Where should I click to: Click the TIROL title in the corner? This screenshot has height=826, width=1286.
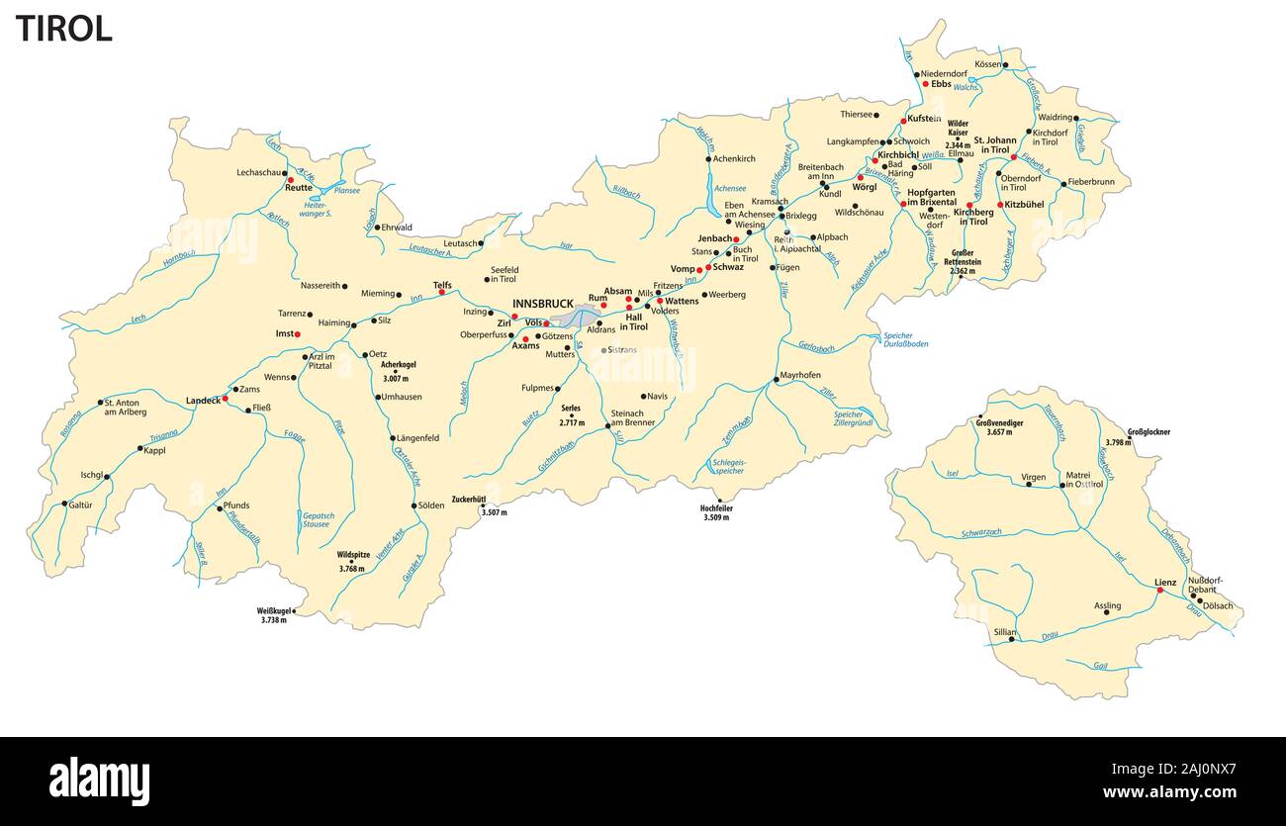click(x=63, y=29)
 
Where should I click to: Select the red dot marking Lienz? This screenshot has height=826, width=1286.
click(x=1159, y=591)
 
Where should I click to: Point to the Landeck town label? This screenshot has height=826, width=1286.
click(x=203, y=401)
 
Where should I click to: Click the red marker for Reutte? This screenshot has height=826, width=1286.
click(x=291, y=180)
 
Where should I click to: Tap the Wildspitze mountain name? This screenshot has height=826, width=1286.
click(x=353, y=556)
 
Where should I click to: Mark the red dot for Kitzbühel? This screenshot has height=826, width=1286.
click(x=1001, y=205)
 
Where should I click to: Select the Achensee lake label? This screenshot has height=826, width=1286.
click(x=730, y=188)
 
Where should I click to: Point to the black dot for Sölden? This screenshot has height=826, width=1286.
click(x=413, y=505)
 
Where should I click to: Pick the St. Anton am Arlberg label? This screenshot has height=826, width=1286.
click(x=126, y=407)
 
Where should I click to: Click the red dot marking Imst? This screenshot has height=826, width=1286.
click(x=298, y=334)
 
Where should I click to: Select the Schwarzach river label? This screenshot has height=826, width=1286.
click(x=980, y=532)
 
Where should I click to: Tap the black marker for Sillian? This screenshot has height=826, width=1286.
click(x=1012, y=640)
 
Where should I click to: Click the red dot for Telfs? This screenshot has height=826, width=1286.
click(x=442, y=293)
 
